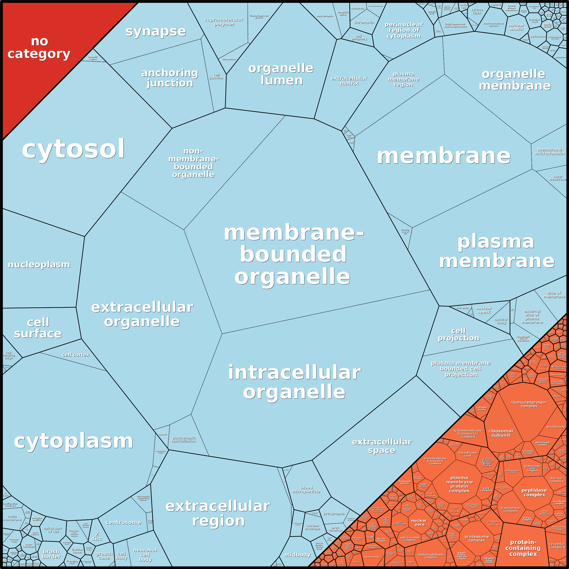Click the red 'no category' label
click(x=39, y=48)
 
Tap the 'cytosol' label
click(x=73, y=149)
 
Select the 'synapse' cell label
click(x=156, y=31)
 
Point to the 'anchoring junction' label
click(x=170, y=78)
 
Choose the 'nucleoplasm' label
click(x=39, y=265)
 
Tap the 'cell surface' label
click(x=38, y=328)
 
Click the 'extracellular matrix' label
click(x=349, y=81)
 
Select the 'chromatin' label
click(x=364, y=22)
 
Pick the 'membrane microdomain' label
click(x=550, y=151)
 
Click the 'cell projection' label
click(x=458, y=334)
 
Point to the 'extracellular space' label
click(x=382, y=446)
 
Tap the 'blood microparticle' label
click(x=306, y=489)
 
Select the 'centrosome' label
click(x=123, y=523)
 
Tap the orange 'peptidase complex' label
click(x=534, y=492)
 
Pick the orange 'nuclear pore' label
click(x=419, y=523)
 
